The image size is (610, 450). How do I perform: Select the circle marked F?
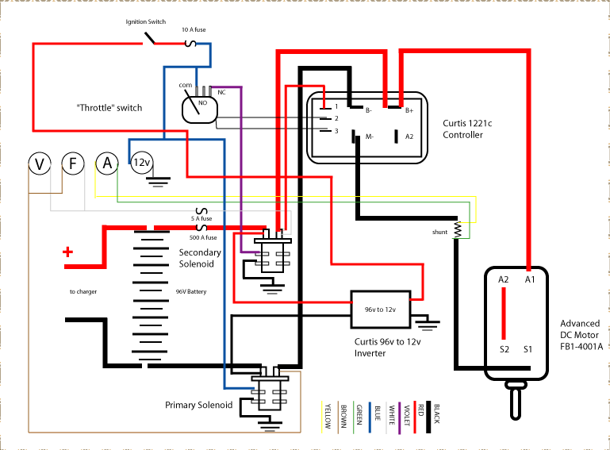(x=73, y=164)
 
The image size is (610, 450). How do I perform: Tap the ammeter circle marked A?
(x=107, y=163)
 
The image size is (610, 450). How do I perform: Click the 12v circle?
(x=141, y=163)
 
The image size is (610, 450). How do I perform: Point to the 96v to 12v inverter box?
(x=381, y=309)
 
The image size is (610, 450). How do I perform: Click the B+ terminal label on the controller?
(x=409, y=111)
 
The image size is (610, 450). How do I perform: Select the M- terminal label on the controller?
(x=369, y=137)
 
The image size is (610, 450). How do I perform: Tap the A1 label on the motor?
(x=530, y=279)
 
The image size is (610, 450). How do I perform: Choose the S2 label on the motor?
(x=503, y=348)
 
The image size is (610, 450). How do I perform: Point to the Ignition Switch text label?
(x=145, y=22)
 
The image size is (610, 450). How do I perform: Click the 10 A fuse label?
(x=195, y=30)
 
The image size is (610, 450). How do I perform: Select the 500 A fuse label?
(x=203, y=237)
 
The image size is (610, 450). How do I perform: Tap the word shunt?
(x=439, y=233)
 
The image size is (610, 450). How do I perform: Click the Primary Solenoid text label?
(x=199, y=405)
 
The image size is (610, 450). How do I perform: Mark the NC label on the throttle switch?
(x=221, y=91)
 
